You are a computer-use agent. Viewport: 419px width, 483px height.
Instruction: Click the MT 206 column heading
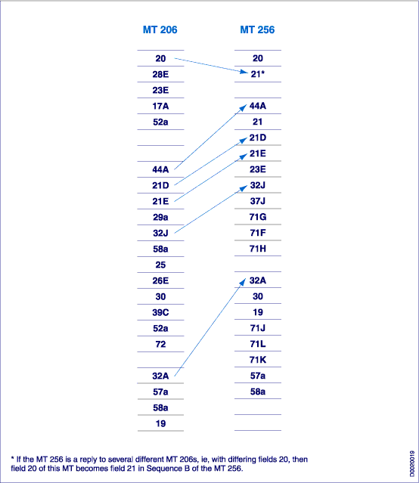pyautogui.click(x=160, y=29)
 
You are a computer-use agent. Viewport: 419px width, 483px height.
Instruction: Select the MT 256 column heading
pyautogui.click(x=257, y=29)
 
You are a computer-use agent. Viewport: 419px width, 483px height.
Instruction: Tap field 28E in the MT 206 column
pyautogui.click(x=160, y=74)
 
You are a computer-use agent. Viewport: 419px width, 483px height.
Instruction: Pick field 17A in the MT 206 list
pyautogui.click(x=160, y=106)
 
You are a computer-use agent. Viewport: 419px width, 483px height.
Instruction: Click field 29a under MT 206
pyautogui.click(x=160, y=217)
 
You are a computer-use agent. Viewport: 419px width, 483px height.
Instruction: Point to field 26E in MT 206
pyautogui.click(x=160, y=280)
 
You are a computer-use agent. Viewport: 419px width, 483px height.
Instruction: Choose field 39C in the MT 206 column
pyautogui.click(x=160, y=312)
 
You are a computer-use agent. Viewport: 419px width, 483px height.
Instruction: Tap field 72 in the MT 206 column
pyautogui.click(x=160, y=344)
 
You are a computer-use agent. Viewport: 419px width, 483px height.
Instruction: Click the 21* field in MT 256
pyautogui.click(x=257, y=74)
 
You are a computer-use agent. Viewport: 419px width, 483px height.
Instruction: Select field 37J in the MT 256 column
pyautogui.click(x=257, y=201)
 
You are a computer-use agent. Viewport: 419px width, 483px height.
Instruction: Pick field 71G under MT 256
pyautogui.click(x=257, y=217)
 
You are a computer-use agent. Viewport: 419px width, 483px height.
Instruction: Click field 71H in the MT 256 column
pyautogui.click(x=257, y=249)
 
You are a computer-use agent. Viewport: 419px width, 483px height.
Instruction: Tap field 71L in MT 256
pyautogui.click(x=257, y=344)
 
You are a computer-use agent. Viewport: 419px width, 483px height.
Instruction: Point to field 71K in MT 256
pyautogui.click(x=257, y=360)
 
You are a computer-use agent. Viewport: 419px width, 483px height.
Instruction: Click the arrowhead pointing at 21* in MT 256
pyautogui.click(x=244, y=72)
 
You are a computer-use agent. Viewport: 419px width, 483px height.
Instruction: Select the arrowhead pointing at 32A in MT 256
pyautogui.click(x=243, y=282)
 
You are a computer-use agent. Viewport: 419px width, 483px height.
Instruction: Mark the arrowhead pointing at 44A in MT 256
pyautogui.click(x=244, y=107)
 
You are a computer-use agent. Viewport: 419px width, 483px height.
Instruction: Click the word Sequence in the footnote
pyautogui.click(x=160, y=469)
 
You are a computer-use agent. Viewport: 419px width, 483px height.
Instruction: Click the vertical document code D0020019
pyautogui.click(x=412, y=463)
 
